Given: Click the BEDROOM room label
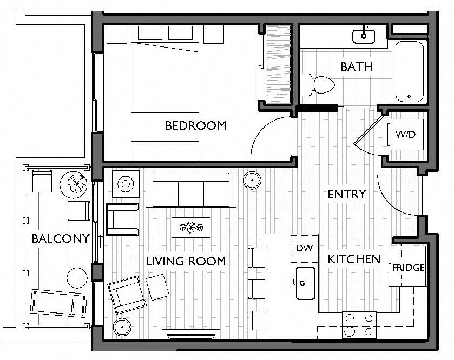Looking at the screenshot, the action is pos(196,125).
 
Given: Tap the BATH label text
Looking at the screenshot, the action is pos(357,66).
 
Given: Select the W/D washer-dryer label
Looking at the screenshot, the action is pos(405,134).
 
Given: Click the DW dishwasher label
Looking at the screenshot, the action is pos(305,248).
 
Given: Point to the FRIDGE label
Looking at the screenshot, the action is pos(408,268).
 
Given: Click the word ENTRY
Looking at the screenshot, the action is pos(347,194).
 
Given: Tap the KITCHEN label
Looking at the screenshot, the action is pos(354,259).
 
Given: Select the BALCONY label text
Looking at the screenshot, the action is pos(61,238).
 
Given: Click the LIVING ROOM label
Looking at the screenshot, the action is pos(186,261).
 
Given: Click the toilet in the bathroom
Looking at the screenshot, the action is pos(317,84).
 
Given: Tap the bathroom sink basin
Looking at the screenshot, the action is pos(364,36).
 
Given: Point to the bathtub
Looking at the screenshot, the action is pos(410,72).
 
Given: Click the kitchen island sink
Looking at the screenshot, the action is pos(305,283).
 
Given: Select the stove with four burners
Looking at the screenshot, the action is pos(359,325).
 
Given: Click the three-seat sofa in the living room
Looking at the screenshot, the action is pos(191,188).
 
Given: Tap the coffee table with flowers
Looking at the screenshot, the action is pos(191,228).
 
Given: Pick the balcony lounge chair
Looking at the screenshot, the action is pos(59,303).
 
